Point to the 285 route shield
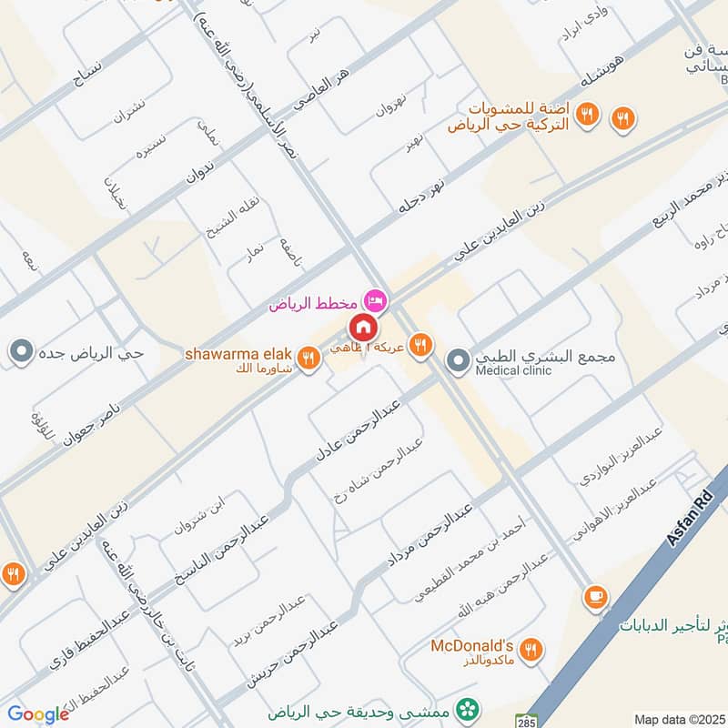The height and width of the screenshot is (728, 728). (x=525, y=719)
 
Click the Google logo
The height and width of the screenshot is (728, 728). (x=38, y=714)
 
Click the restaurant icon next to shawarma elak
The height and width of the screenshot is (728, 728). (x=308, y=359)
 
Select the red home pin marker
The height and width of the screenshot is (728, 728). (x=362, y=326)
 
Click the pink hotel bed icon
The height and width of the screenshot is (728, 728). (x=372, y=299)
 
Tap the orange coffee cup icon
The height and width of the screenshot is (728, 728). (x=597, y=595)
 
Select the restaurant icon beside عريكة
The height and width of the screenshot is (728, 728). (x=419, y=343)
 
